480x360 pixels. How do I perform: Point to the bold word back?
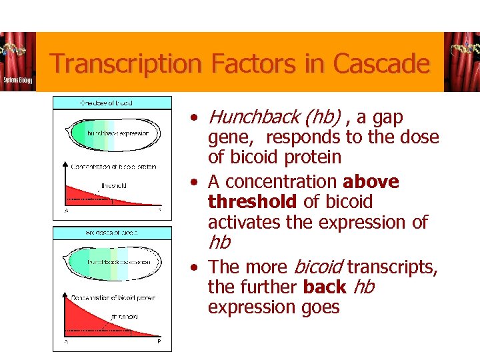(324, 287)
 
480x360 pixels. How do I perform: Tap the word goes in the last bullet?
(320, 307)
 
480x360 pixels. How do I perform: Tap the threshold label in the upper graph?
(113, 185)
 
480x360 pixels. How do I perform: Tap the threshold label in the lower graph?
(125, 316)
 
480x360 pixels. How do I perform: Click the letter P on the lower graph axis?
(159, 341)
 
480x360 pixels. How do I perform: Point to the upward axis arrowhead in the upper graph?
(65, 163)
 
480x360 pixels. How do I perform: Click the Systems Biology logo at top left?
(17, 61)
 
